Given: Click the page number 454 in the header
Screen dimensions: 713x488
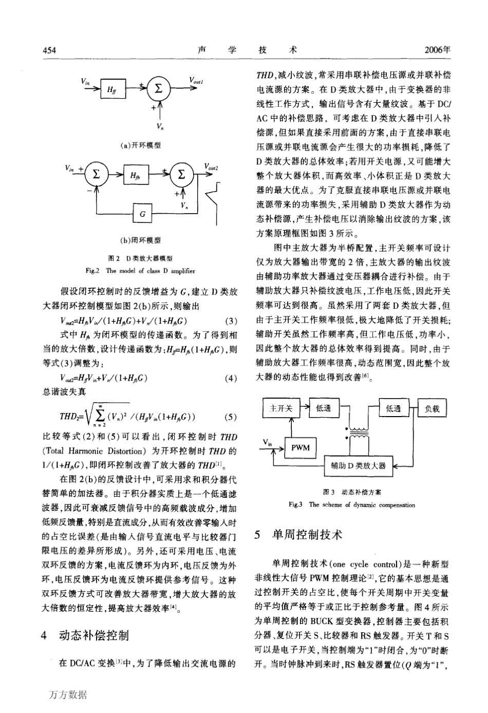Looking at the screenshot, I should click(48, 50).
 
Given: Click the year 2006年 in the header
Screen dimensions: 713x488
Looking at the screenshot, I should click(438, 50).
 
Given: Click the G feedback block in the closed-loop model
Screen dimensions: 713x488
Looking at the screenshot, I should click(142, 214).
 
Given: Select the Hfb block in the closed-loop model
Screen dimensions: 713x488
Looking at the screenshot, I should click(135, 175).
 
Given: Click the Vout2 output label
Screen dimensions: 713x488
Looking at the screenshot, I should click(211, 167).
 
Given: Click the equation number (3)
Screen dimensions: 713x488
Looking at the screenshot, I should click(231, 322).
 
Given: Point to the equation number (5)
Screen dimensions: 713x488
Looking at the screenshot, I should click(231, 416).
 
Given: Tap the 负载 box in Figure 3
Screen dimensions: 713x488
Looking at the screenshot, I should click(432, 408).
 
